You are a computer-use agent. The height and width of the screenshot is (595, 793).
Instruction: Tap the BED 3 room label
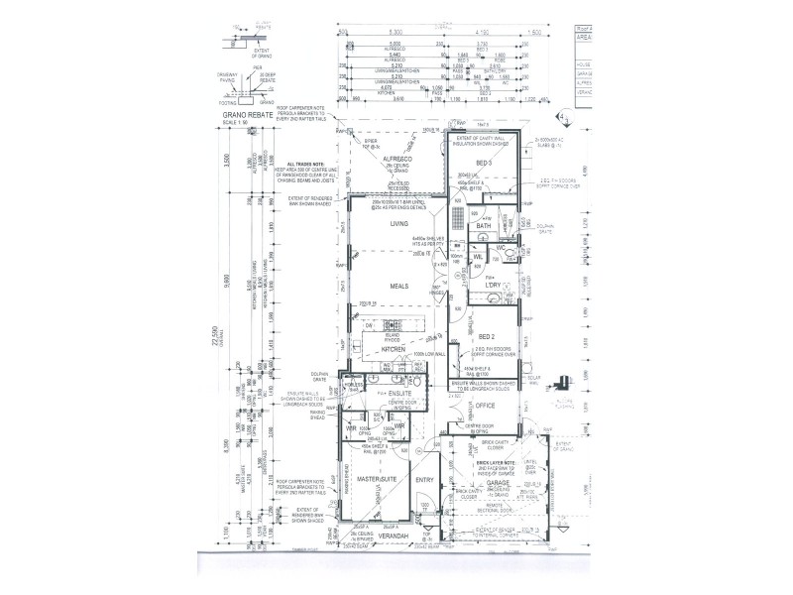(484, 162)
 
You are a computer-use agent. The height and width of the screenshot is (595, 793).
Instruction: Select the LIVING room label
(398, 224)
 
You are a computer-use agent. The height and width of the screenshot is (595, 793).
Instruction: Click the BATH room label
(484, 226)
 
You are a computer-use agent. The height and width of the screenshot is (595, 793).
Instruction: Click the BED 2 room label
(486, 337)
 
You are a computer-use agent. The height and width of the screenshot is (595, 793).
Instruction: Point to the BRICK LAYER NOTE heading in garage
(496, 462)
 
